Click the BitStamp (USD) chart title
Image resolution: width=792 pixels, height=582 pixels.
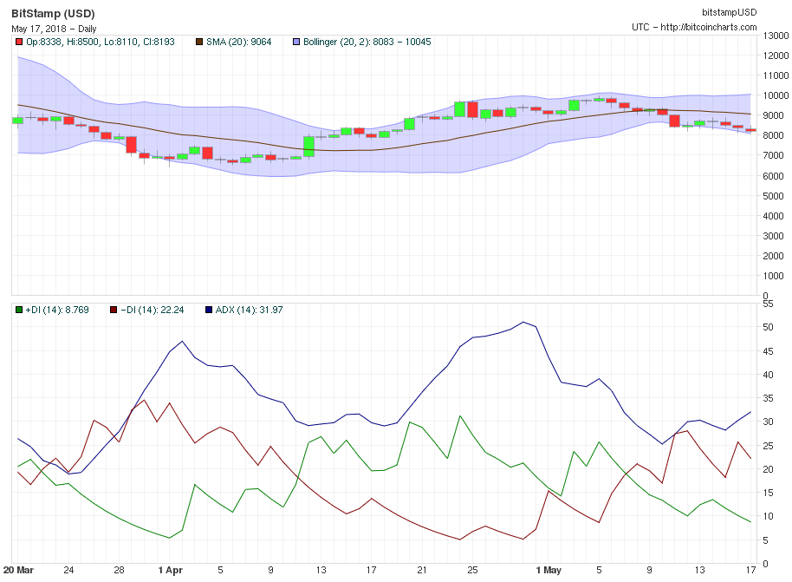[x=54, y=14]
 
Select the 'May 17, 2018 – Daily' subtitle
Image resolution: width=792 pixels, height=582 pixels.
[x=54, y=29]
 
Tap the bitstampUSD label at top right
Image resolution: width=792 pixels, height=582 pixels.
[x=729, y=11]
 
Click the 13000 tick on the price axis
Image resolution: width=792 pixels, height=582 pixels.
[x=774, y=36]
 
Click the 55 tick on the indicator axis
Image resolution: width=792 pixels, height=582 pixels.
[x=767, y=304]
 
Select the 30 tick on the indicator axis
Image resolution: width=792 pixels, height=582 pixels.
[x=767, y=422]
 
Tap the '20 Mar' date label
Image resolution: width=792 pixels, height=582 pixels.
[x=19, y=571]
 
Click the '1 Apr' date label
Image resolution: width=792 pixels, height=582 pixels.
[x=171, y=571]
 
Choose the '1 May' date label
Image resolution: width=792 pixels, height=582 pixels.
[x=549, y=571]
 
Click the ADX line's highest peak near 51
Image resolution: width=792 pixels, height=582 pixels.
[x=523, y=322]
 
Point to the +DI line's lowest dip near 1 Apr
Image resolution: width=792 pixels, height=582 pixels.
[x=170, y=538]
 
